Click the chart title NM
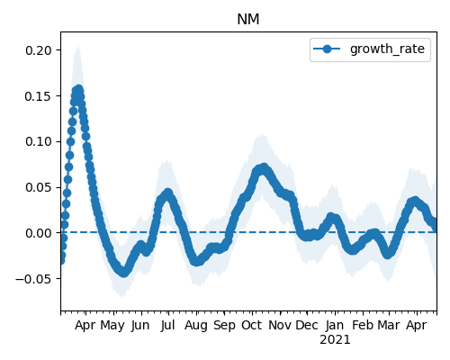(247, 20)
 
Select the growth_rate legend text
(387, 49)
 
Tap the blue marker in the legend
(327, 49)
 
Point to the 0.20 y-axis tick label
(39, 50)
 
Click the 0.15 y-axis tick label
(39, 96)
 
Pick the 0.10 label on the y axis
(39, 141)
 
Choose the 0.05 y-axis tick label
(39, 187)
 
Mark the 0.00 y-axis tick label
(39, 233)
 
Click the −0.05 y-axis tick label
(33, 279)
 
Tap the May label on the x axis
(112, 326)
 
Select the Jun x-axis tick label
(139, 326)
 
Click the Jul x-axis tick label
(167, 326)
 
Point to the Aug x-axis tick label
(196, 326)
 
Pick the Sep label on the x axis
(224, 326)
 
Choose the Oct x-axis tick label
(252, 326)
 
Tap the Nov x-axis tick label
(279, 326)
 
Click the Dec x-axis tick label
(307, 326)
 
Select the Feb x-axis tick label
(363, 326)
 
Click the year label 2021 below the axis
(335, 340)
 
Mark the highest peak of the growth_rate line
(79, 89)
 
